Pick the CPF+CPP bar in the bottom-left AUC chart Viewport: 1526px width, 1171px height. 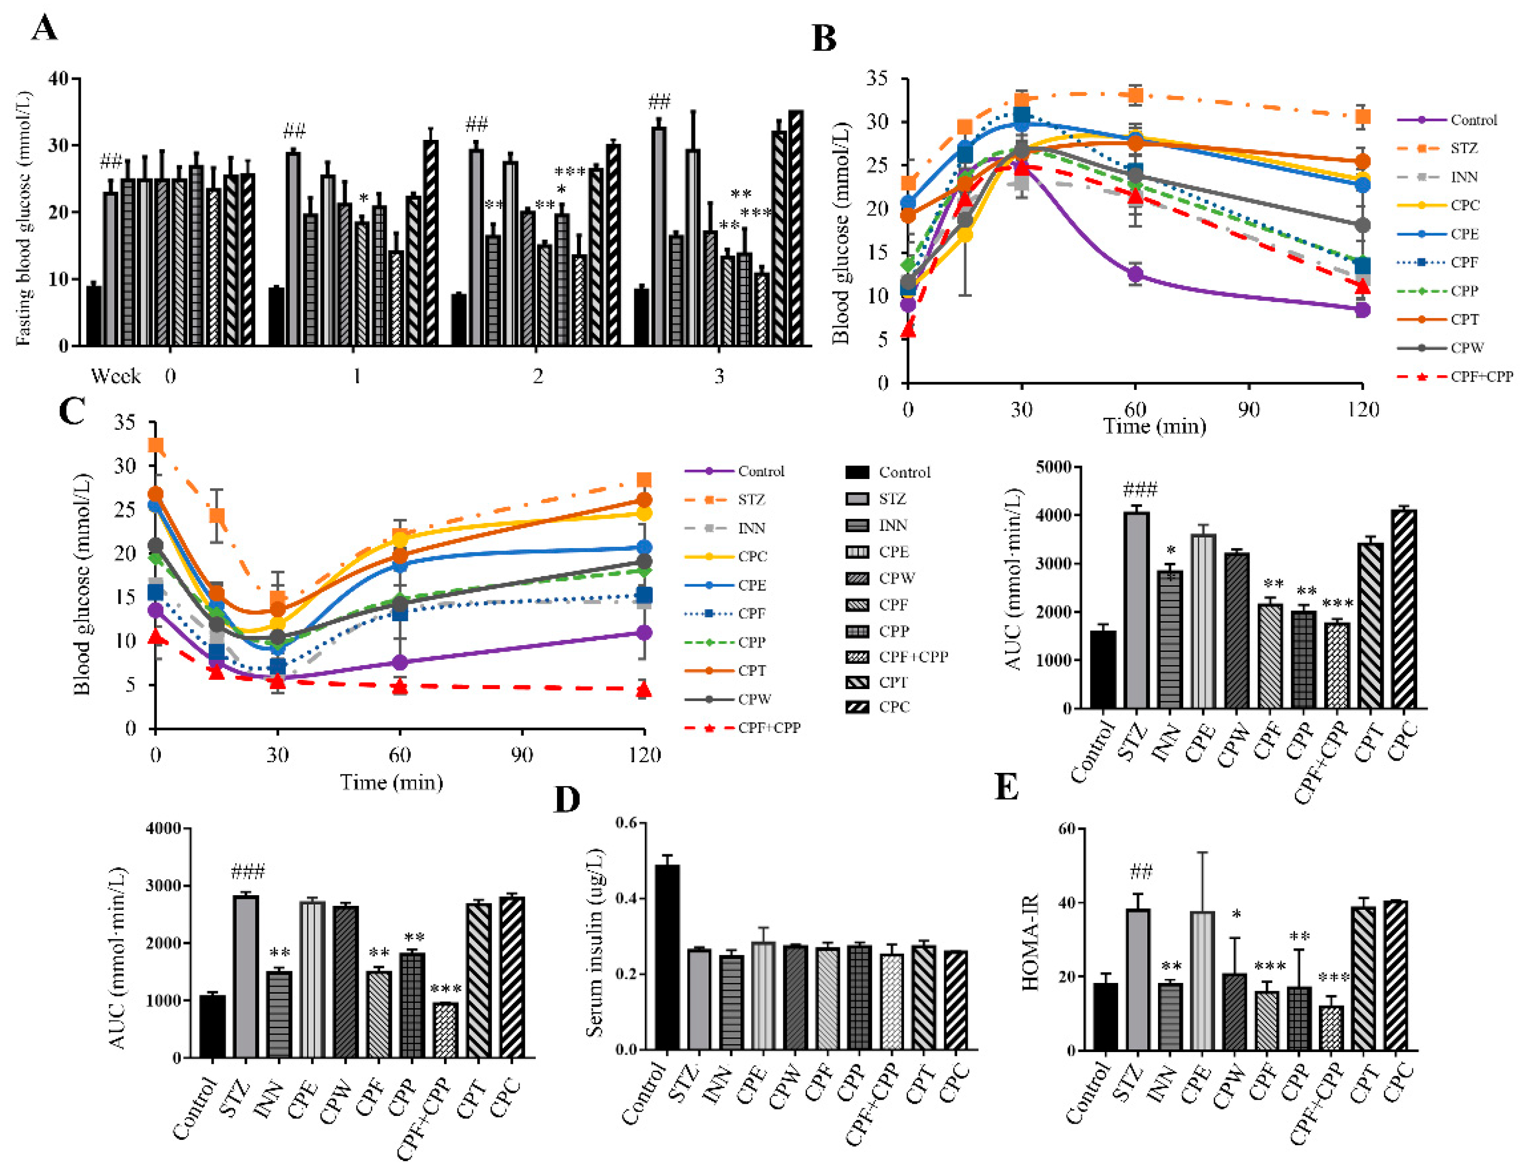tap(445, 1030)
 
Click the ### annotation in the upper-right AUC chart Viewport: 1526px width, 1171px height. tap(1140, 490)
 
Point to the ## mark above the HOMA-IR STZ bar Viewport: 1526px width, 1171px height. tap(1140, 871)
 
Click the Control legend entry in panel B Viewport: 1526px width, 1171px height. tap(1473, 120)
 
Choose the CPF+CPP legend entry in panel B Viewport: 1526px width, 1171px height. tap(1481, 376)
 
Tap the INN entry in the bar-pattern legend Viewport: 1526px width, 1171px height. tap(892, 525)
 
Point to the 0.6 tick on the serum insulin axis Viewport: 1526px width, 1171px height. tap(626, 823)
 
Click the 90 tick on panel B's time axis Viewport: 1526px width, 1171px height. tap(1249, 409)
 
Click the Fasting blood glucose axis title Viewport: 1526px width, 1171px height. tap(24, 217)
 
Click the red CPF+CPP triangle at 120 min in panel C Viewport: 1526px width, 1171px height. tap(643, 690)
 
